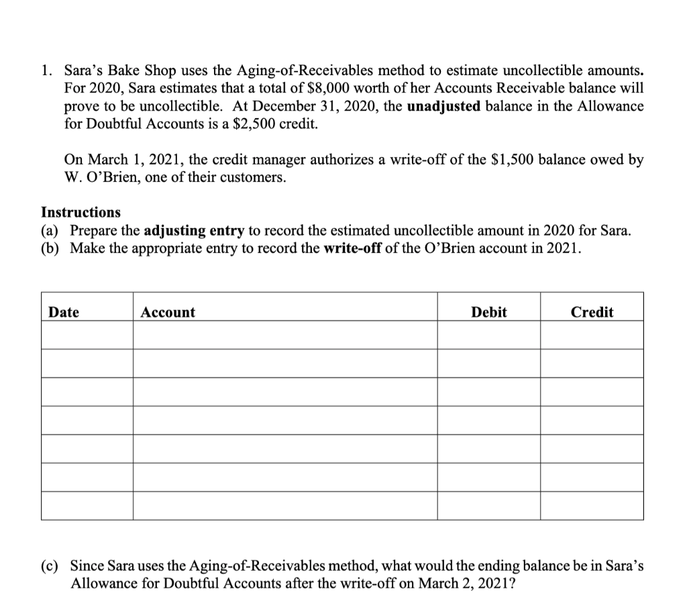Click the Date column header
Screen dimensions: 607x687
pyautogui.click(x=64, y=312)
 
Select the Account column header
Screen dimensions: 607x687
pyautogui.click(x=168, y=312)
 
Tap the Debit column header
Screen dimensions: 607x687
pyautogui.click(x=489, y=312)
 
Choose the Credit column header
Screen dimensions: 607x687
pyautogui.click(x=592, y=312)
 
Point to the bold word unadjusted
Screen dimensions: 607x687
pyautogui.click(x=447, y=106)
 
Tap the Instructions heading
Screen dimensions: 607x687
pyautogui.click(x=81, y=213)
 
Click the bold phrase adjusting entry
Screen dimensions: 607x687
pyautogui.click(x=194, y=231)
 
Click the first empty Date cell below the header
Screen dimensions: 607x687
pyautogui.click(x=87, y=335)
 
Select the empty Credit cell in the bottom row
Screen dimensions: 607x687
pyautogui.click(x=592, y=506)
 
